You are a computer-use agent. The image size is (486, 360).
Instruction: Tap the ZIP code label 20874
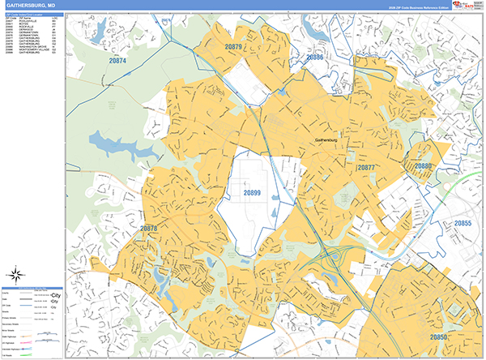click(x=117, y=60)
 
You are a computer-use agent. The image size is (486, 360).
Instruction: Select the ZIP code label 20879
click(x=233, y=48)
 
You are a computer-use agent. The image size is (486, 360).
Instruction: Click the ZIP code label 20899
click(x=252, y=192)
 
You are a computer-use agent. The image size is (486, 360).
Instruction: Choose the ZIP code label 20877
click(x=366, y=168)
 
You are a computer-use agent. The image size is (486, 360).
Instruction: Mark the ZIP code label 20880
click(x=424, y=165)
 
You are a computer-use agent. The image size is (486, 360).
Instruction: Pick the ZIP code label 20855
click(x=462, y=222)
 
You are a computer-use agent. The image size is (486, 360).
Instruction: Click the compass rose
click(x=18, y=274)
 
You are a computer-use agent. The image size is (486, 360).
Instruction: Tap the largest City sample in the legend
click(x=55, y=295)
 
